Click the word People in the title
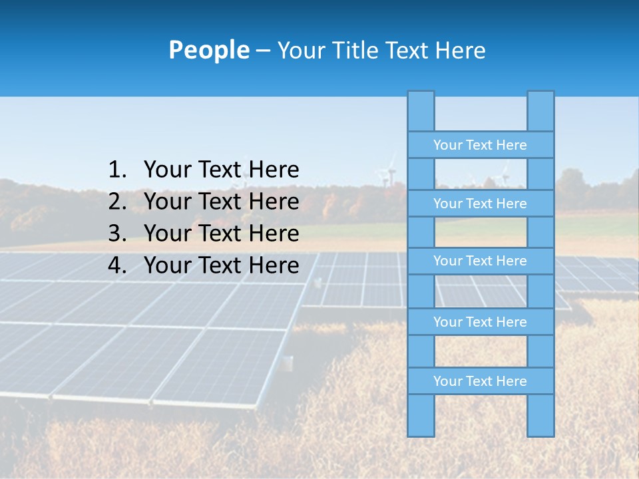coord(208,50)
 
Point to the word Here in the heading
coord(460,50)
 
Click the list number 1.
coord(117,170)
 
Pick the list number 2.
coord(117,202)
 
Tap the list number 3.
coord(117,234)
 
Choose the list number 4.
coord(117,265)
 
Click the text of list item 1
coord(221,170)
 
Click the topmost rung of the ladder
coord(480,145)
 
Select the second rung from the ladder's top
coord(480,204)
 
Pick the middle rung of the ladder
coord(480,261)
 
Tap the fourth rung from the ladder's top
coord(480,322)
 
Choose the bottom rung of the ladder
coord(480,381)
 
